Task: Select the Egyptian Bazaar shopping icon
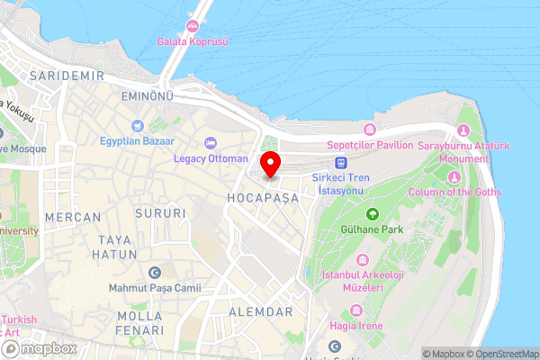[138, 127]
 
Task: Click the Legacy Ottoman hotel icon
[210, 143]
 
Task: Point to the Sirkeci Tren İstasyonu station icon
[340, 163]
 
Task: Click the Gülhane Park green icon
[373, 214]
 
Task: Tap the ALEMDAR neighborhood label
[262, 311]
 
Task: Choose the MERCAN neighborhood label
[67, 217]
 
